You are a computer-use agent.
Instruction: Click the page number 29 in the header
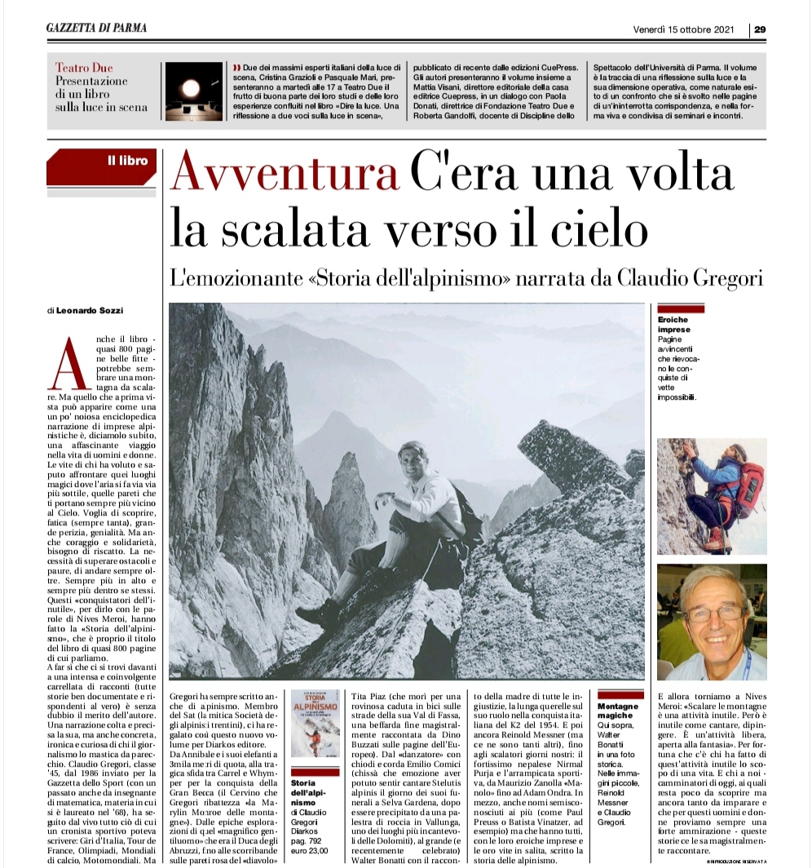pyautogui.click(x=759, y=29)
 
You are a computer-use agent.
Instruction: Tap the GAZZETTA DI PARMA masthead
pyautogui.click(x=96, y=29)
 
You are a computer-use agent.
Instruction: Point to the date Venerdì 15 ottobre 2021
pyautogui.click(x=684, y=29)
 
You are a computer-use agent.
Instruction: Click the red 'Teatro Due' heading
pyautogui.click(x=84, y=68)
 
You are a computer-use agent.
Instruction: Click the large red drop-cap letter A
pyautogui.click(x=63, y=362)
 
